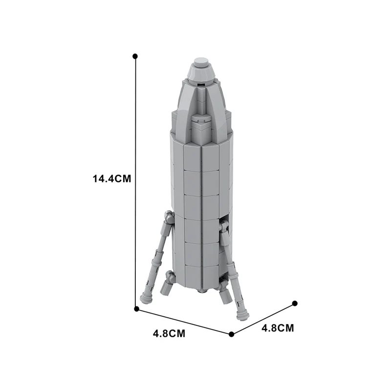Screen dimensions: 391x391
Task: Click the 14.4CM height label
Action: pos(112,179)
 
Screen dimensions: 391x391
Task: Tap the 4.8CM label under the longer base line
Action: pos(169,334)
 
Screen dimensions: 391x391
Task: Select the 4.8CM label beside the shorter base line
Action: pos(278,328)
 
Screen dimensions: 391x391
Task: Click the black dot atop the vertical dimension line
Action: pos(135,56)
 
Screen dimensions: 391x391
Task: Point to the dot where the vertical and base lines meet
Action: pos(136,308)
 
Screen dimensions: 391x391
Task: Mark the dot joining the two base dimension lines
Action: pos(232,334)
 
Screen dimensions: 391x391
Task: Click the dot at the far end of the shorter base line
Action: pos(295,304)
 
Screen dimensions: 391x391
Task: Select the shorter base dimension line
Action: pos(263,319)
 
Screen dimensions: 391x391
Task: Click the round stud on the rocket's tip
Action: pos(200,62)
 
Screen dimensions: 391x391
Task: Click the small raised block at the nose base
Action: pos(200,124)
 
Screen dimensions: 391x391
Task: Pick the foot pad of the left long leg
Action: pos(146,296)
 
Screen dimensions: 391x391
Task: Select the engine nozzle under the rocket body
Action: pos(202,290)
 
